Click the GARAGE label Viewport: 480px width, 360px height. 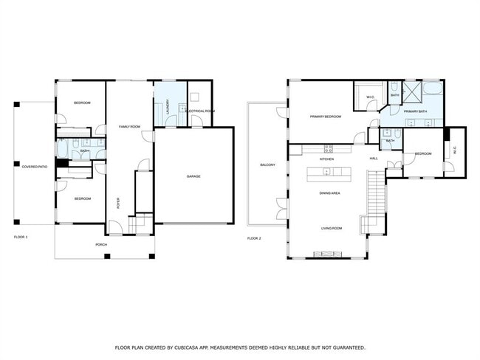(x=193, y=176)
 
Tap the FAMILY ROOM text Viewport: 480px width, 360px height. (x=130, y=127)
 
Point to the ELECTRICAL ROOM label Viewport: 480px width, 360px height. (x=200, y=111)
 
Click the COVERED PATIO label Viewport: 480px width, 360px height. (x=35, y=167)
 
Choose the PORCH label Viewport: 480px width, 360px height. (x=103, y=243)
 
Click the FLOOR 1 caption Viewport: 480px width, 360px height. (x=21, y=238)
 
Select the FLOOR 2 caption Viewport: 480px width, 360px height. (x=254, y=238)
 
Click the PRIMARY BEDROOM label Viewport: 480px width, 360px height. (x=325, y=117)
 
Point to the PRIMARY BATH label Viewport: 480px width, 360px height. (x=415, y=111)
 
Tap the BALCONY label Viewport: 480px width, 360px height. (x=267, y=165)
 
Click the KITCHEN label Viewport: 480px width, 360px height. (x=327, y=159)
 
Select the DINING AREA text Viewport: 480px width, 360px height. (x=329, y=193)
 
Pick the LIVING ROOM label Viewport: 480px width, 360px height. (x=331, y=229)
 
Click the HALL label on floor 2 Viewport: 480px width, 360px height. (x=374, y=159)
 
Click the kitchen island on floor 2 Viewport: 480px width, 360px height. (x=330, y=173)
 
